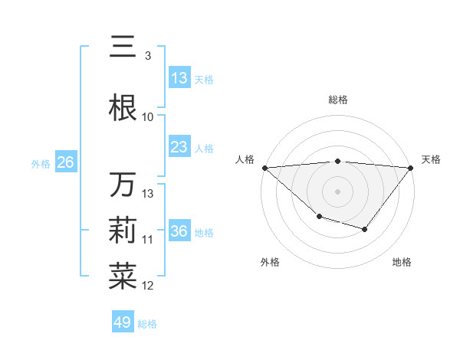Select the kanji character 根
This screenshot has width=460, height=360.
(x=123, y=107)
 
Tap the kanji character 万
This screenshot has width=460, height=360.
(x=123, y=185)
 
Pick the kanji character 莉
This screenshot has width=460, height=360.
(x=123, y=231)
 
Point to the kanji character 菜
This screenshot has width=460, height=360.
(x=123, y=277)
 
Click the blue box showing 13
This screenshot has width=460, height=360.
(x=179, y=78)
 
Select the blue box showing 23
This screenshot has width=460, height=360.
(x=179, y=147)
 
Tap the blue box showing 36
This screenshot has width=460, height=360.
(x=179, y=231)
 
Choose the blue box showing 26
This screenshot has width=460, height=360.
(x=65, y=162)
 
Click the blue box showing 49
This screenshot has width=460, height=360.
(x=123, y=322)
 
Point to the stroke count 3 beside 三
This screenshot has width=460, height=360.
(x=147, y=55)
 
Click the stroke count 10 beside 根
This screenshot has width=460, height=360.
(x=148, y=116)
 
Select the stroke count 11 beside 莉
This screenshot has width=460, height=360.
(x=148, y=239)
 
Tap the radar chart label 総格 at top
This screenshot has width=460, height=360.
(x=338, y=100)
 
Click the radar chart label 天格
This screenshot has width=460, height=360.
(x=431, y=159)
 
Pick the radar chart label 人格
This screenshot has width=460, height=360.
(x=245, y=159)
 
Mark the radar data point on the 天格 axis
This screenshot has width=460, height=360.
(x=412, y=167)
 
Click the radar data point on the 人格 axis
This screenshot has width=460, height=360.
(x=264, y=167)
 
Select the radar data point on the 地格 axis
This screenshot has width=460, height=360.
(x=365, y=229)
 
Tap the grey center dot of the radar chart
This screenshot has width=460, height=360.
(x=338, y=191)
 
